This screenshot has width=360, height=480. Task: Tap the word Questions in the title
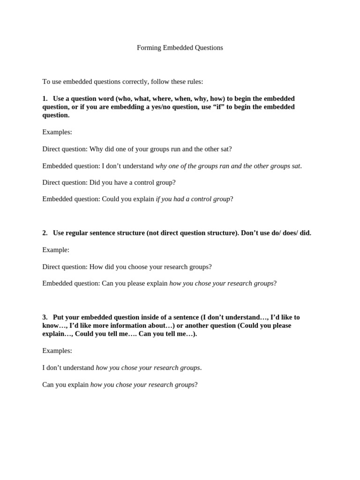(208, 48)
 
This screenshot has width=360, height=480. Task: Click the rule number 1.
(45, 98)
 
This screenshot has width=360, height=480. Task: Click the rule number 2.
(45, 233)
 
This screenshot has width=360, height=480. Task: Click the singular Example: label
(56, 250)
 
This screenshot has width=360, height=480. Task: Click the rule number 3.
(45, 317)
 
